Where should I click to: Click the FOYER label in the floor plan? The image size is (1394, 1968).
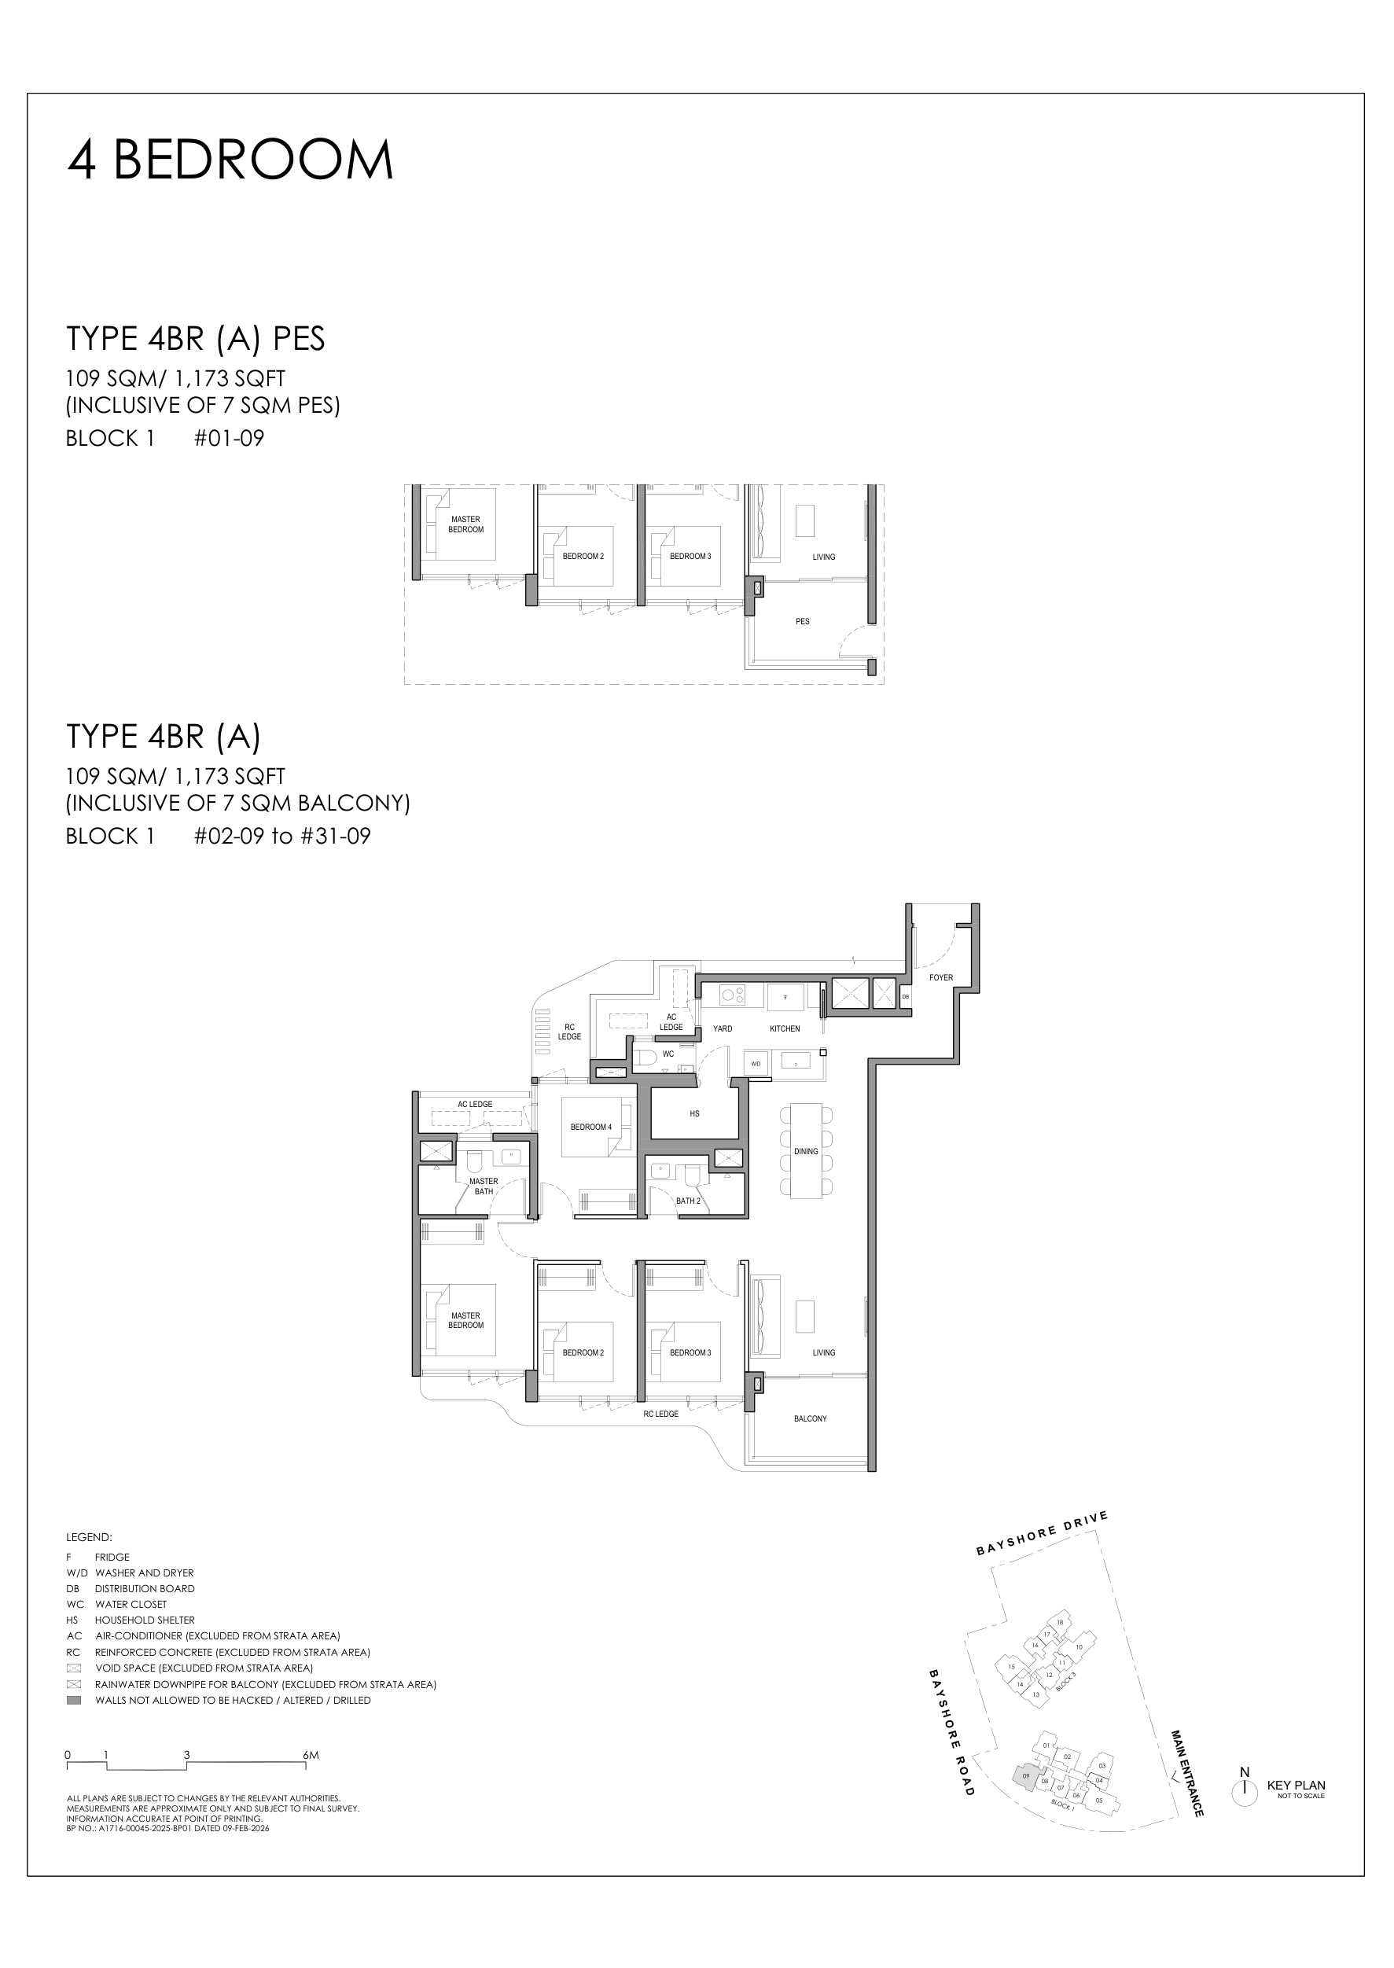click(941, 977)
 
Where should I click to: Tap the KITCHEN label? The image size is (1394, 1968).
click(785, 1028)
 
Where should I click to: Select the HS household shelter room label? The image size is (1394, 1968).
click(694, 1114)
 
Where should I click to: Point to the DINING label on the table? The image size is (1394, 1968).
click(806, 1152)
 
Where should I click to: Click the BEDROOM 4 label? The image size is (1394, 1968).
click(591, 1127)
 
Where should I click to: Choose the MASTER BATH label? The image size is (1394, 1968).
click(484, 1186)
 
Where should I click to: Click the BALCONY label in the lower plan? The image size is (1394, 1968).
click(811, 1418)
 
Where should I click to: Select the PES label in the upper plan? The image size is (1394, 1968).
click(803, 621)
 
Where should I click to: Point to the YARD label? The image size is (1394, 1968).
click(723, 1028)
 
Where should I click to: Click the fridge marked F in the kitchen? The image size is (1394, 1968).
click(785, 997)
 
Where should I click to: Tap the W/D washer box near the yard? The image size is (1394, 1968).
click(756, 1063)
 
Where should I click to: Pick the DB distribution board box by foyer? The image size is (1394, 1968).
click(906, 996)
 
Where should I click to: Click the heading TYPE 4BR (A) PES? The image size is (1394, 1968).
click(196, 339)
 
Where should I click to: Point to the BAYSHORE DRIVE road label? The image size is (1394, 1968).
click(1042, 1534)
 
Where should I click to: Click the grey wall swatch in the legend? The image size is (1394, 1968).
click(74, 1700)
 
